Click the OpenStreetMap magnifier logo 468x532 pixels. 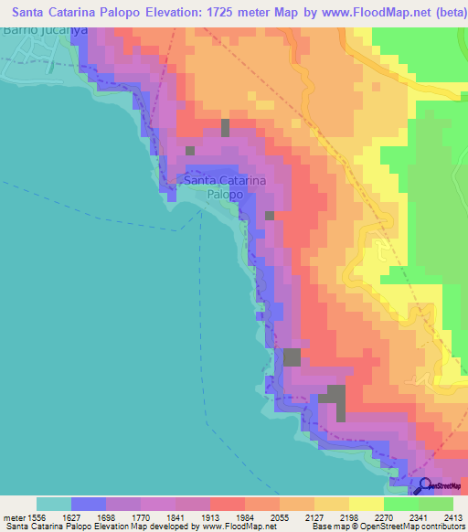423,486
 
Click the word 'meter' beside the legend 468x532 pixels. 16,516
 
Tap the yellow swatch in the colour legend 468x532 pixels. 366,504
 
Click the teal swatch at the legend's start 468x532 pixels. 53,504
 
